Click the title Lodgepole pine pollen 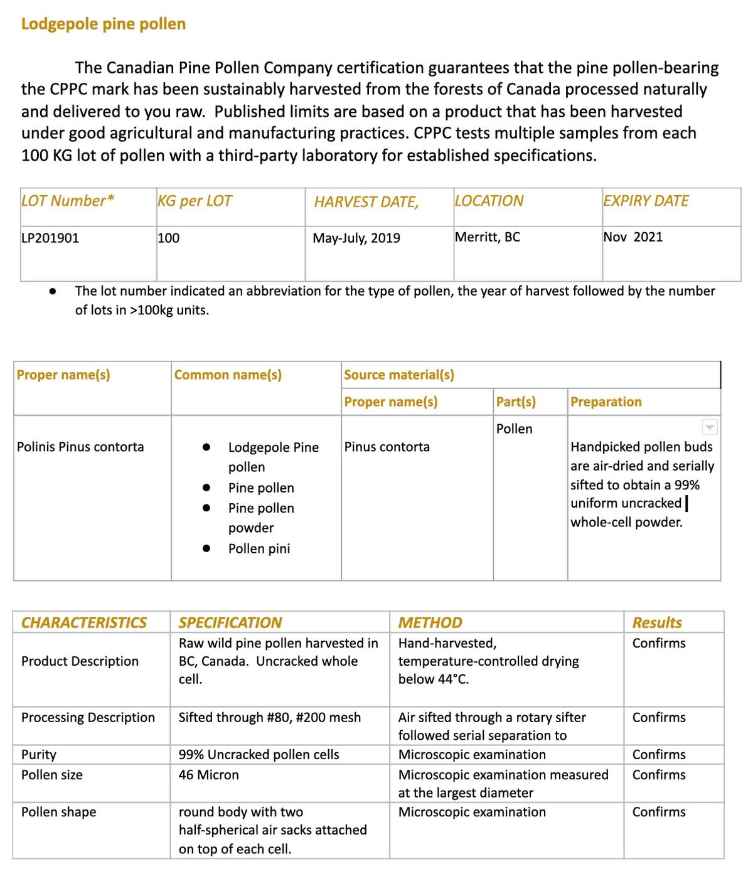104,24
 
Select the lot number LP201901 50,238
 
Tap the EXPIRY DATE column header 646,201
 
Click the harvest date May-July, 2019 356,238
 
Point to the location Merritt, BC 488,237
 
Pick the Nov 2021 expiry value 633,237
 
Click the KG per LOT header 195,201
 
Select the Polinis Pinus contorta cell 80,447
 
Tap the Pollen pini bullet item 259,549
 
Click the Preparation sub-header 606,402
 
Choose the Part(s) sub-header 516,402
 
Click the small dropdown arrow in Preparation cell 710,427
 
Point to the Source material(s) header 399,375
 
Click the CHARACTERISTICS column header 84,622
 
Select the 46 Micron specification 208,775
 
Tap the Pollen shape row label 59,812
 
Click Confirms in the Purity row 659,755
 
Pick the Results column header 657,622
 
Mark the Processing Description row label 88,718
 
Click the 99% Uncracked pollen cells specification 259,755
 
